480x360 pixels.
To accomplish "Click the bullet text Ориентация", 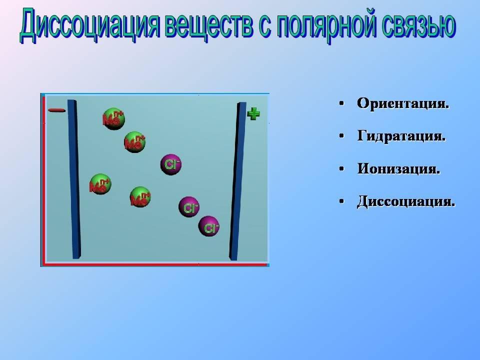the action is (403, 103).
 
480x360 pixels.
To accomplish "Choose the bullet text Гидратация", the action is (401, 136).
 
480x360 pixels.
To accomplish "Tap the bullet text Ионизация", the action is (398, 168).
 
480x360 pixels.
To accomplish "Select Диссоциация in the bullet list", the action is (406, 201).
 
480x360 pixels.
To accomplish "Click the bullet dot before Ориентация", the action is (341, 103).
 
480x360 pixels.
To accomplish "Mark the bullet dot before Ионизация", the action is (341, 169).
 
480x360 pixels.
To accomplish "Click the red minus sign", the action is (56, 110).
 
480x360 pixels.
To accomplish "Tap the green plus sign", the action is (253, 114).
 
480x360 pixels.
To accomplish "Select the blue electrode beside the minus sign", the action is (74, 179).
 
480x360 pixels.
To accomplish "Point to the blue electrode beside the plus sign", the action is (237, 181).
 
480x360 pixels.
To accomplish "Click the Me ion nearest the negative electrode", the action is (100, 184).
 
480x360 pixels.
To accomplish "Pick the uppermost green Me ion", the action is (113, 119).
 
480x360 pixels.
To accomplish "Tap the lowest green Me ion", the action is (140, 197).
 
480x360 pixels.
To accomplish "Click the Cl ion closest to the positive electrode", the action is (209, 226).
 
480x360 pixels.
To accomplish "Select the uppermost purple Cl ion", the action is (171, 164).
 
